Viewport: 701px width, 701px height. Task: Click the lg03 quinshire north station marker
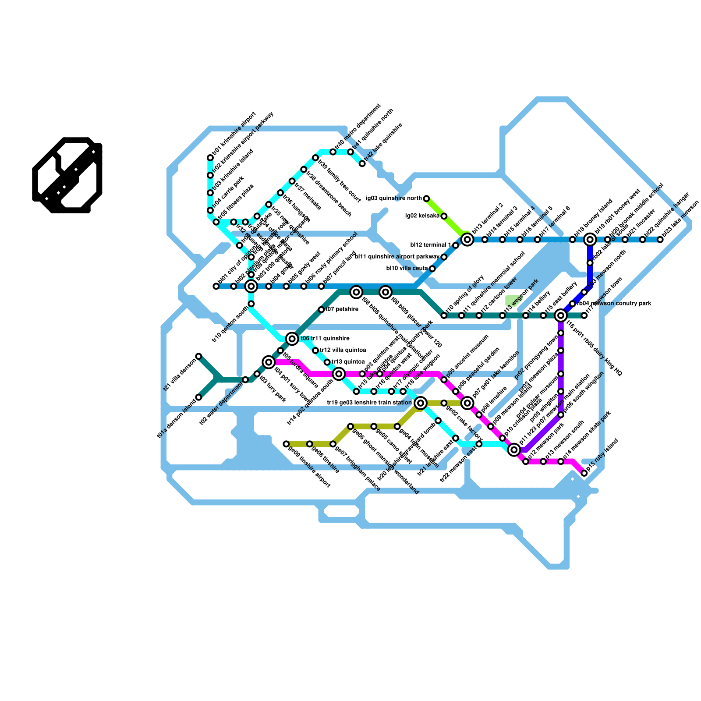(x=426, y=198)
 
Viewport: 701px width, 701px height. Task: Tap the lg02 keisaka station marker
(x=444, y=216)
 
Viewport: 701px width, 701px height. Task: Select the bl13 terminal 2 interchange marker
(x=467, y=239)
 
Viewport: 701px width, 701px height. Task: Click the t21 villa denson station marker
(x=198, y=356)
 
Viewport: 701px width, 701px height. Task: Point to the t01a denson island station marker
(x=198, y=397)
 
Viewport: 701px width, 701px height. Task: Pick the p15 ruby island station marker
(x=584, y=473)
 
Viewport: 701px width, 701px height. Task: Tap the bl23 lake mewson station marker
(x=660, y=240)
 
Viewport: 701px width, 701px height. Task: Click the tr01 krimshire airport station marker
(x=210, y=158)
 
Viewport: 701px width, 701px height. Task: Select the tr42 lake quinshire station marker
(x=362, y=163)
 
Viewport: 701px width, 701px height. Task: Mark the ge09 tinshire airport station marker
(x=286, y=444)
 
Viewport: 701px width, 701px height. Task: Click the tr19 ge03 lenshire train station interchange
(x=421, y=403)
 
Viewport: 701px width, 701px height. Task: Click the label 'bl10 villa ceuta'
(x=407, y=268)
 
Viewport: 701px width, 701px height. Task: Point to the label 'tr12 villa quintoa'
(x=343, y=350)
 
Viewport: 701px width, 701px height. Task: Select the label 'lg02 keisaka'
(x=422, y=216)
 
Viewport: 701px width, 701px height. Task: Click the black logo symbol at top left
(x=67, y=175)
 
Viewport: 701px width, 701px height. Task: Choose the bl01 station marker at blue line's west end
(x=216, y=286)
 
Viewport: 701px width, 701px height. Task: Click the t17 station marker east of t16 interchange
(x=584, y=315)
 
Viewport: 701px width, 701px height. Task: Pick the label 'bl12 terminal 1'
(x=430, y=245)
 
